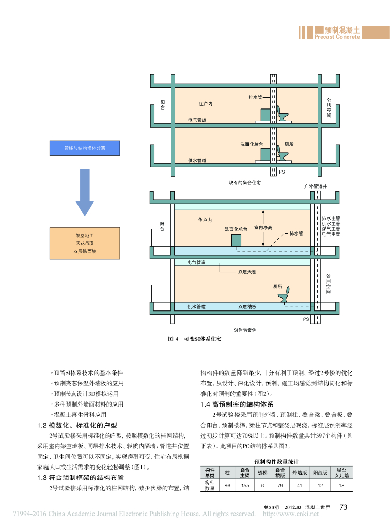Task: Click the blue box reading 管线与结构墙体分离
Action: [x=85, y=148]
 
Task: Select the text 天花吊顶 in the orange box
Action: [x=85, y=243]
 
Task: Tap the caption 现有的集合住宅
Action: [x=245, y=182]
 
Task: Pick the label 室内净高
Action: [x=263, y=227]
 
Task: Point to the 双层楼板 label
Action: [x=247, y=307]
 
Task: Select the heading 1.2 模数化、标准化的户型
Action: [x=77, y=426]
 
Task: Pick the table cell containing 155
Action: [x=245, y=486]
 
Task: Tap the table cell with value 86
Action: [x=227, y=486]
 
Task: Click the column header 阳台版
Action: [x=320, y=472]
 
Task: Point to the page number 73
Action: [x=343, y=507]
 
